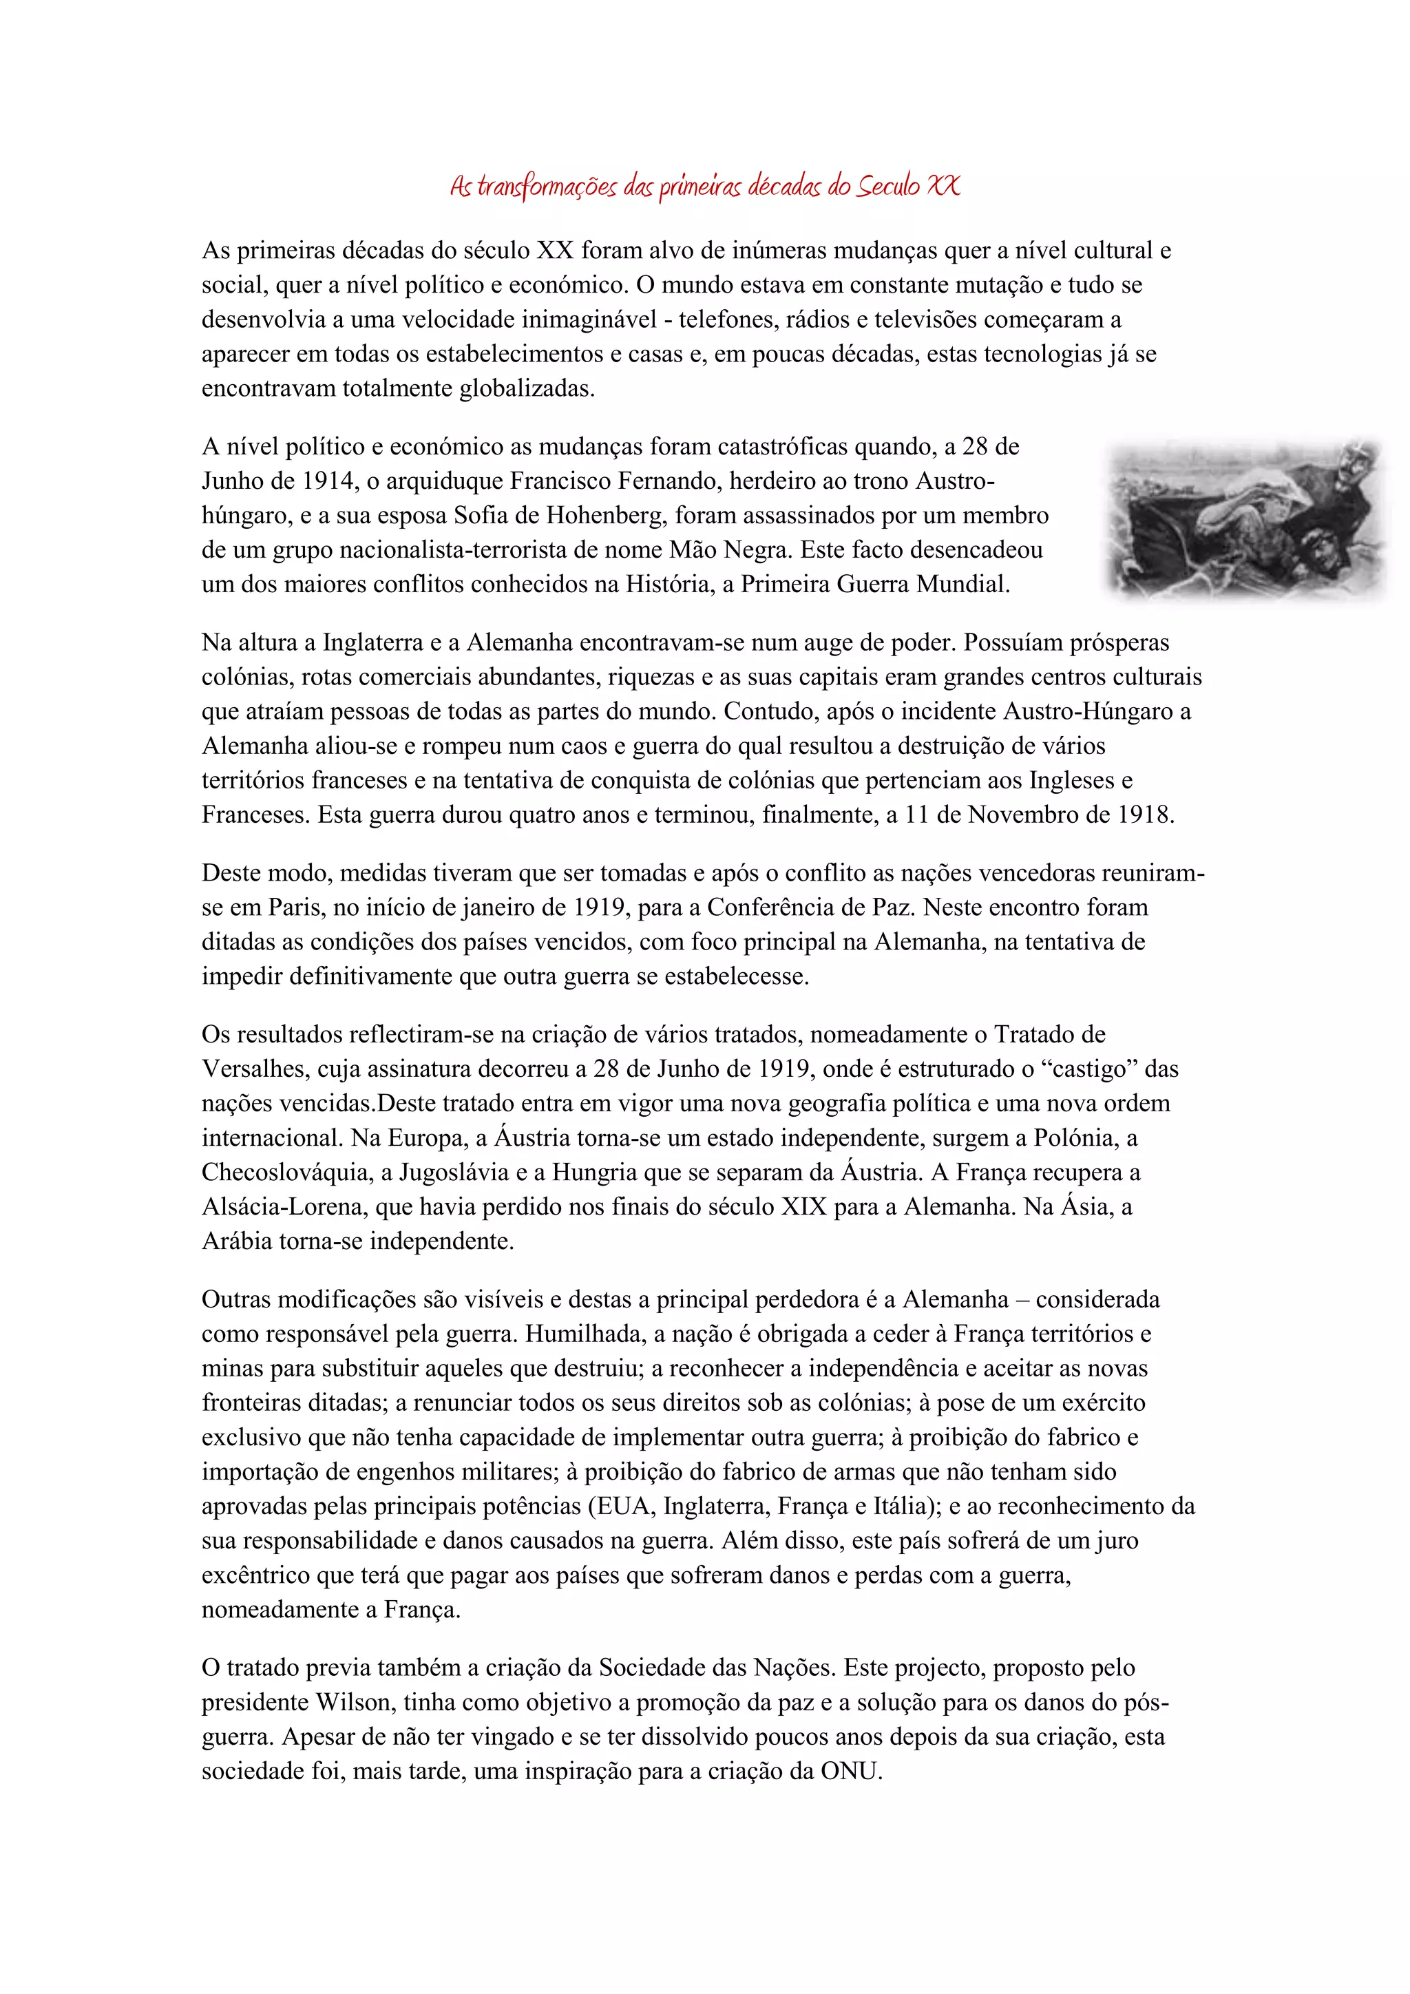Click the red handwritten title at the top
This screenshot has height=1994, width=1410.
pyautogui.click(x=705, y=186)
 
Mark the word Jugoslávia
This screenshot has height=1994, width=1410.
pyautogui.click(x=448, y=1173)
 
